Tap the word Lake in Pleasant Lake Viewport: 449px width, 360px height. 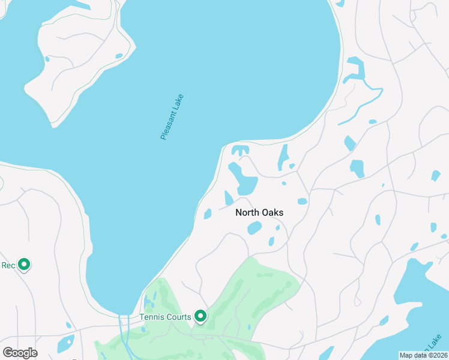pos(179,101)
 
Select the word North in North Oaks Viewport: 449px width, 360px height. pos(247,212)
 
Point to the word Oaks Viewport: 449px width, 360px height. pos(272,212)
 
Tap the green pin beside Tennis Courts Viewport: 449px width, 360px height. pos(200,316)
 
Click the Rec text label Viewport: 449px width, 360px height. pos(8,265)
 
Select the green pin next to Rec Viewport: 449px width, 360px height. pos(24,264)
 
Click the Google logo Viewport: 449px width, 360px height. pos(20,353)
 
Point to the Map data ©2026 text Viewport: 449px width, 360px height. pos(423,355)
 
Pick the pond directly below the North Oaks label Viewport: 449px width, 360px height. pos(255,228)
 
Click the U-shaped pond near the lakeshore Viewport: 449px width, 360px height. pos(240,150)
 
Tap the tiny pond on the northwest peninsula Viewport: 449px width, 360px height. pos(119,56)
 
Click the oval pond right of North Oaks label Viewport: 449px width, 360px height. pos(302,202)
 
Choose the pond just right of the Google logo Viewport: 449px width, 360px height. pos(65,344)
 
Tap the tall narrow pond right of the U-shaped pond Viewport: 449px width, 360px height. pos(283,157)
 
